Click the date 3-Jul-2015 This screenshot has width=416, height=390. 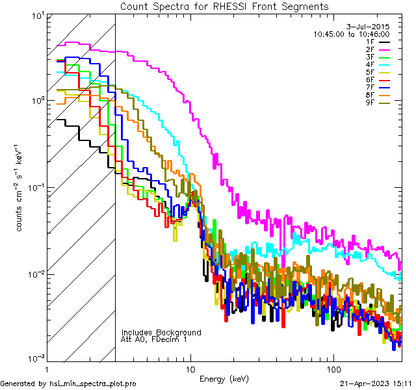(368, 27)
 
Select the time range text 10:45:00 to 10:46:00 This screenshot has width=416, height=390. (352, 34)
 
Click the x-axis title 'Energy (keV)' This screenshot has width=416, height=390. (224, 379)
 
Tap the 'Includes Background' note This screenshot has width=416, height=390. (161, 332)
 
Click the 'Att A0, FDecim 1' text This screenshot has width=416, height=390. (154, 339)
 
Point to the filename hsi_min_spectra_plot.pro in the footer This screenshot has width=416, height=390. (93, 383)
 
